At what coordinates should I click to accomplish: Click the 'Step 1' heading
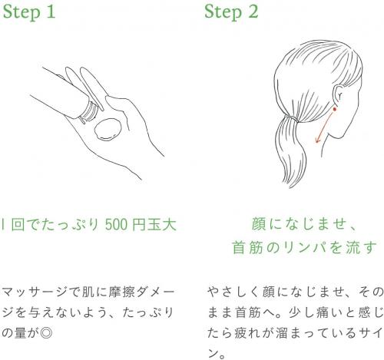click(29, 12)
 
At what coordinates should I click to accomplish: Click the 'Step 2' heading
click(231, 12)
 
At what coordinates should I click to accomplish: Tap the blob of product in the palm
click(108, 129)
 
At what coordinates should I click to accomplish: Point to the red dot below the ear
click(334, 109)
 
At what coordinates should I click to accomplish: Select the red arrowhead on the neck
click(318, 140)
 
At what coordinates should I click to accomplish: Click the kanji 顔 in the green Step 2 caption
click(260, 224)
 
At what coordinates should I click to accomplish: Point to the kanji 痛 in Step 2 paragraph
click(323, 312)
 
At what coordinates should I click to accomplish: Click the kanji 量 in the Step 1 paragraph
click(20, 333)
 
